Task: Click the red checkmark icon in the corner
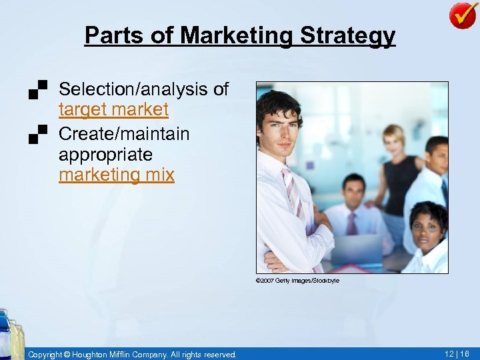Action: point(463,15)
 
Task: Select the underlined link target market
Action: point(113,109)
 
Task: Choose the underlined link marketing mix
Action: point(116,175)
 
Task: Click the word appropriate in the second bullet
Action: point(105,154)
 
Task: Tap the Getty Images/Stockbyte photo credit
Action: point(297,281)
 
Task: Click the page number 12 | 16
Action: point(457,354)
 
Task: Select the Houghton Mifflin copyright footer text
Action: point(132,354)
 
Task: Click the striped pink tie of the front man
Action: point(294,193)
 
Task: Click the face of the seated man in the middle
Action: point(353,193)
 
